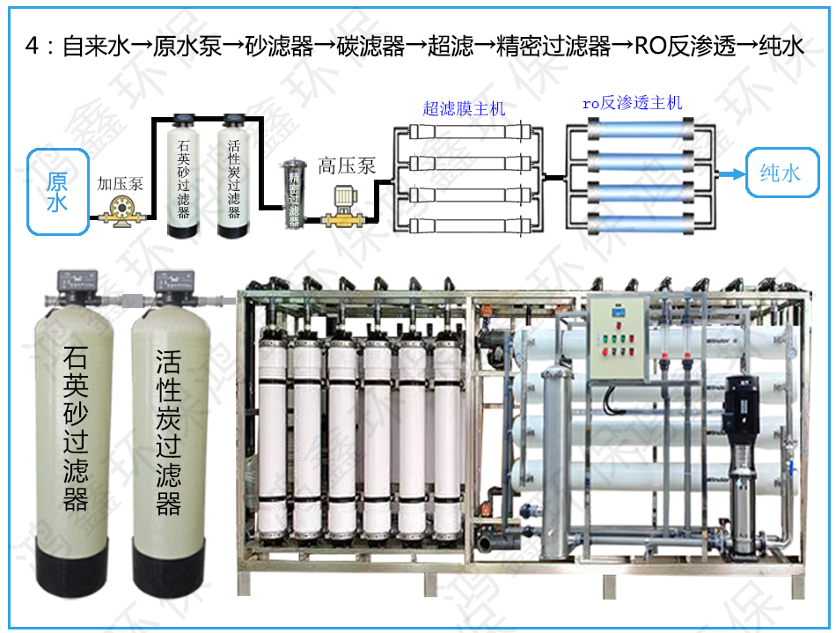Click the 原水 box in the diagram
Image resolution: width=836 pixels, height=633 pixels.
[58, 192]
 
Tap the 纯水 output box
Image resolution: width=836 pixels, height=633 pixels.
[780, 173]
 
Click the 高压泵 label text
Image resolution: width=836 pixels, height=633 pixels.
[347, 166]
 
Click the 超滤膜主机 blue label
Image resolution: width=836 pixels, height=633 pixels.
[464, 108]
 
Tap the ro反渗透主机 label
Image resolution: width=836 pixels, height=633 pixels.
[632, 102]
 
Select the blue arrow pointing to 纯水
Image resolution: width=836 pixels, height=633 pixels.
[730, 174]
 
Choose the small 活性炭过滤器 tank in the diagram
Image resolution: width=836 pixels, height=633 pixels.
[234, 176]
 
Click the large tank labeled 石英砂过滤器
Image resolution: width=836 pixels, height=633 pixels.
[76, 440]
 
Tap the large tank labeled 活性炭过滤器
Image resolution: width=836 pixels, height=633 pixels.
[168, 440]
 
